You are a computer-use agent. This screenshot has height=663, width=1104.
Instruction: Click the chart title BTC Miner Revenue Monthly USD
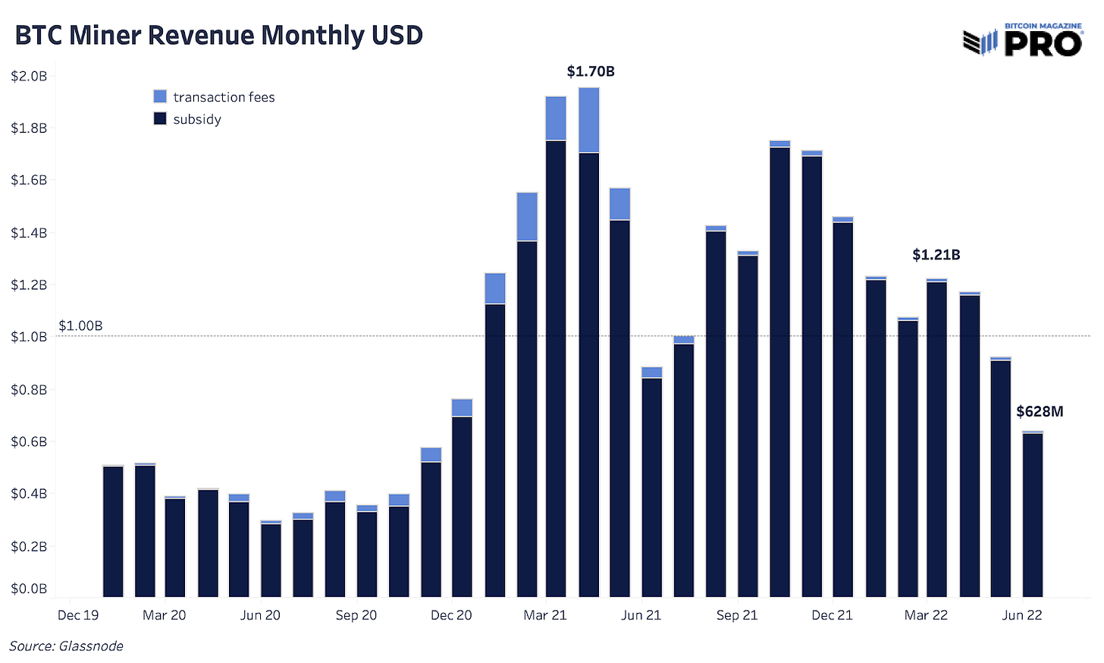[218, 36]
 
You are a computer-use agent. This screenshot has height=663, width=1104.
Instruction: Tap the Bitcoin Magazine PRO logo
[1022, 40]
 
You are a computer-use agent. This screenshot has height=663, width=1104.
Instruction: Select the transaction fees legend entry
[214, 97]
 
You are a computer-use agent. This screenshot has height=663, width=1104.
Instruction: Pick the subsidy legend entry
[187, 119]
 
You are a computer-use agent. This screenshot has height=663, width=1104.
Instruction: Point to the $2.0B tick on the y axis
[29, 76]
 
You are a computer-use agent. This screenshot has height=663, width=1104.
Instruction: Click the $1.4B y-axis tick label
[29, 233]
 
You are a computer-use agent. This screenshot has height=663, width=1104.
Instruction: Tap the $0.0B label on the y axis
[29, 589]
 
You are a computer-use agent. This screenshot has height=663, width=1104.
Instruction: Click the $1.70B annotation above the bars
[591, 71]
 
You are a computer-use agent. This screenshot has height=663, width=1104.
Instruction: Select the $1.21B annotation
[936, 255]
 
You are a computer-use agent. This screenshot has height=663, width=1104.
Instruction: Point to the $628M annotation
[1040, 412]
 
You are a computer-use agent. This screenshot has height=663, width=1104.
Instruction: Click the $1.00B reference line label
[80, 326]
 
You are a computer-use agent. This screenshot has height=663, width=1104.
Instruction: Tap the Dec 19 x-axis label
[78, 615]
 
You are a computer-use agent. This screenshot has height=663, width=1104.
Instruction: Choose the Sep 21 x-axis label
[737, 615]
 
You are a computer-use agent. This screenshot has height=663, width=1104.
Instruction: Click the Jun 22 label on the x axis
[1021, 615]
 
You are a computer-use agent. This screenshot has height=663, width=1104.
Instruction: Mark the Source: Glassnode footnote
[66, 646]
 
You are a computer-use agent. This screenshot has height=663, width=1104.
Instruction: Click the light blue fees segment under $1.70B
[588, 120]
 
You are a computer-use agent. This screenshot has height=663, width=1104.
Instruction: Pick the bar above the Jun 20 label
[271, 560]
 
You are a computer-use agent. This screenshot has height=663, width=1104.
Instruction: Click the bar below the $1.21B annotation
[936, 440]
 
